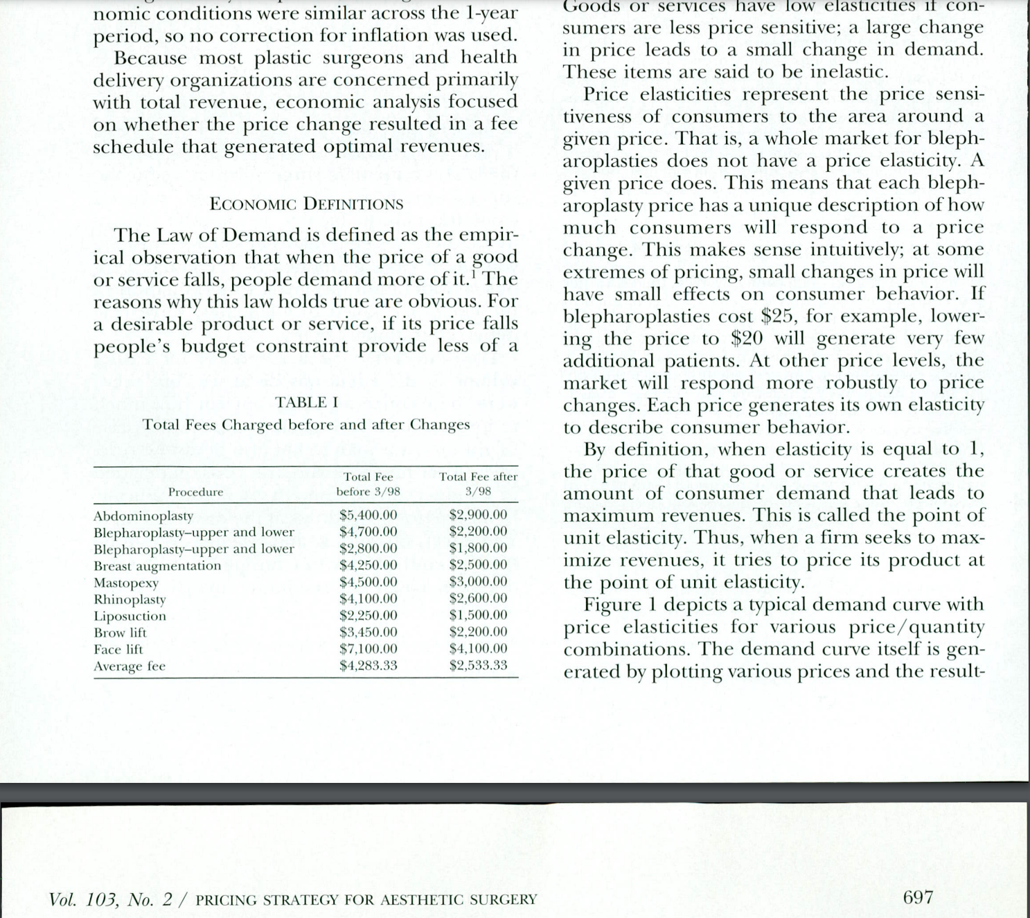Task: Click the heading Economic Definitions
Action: [x=305, y=204]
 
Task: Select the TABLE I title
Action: [x=306, y=403]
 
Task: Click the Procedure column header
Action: [x=195, y=492]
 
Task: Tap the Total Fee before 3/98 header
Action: [x=368, y=484]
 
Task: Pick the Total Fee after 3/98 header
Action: [x=478, y=484]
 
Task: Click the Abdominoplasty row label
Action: [x=143, y=516]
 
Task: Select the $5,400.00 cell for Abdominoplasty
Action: [x=368, y=515]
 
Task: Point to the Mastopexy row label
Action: [x=126, y=583]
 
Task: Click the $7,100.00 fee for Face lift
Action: [x=368, y=649]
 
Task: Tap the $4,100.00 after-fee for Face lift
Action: [x=478, y=649]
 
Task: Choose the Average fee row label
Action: [x=130, y=667]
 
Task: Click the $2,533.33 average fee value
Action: [x=478, y=666]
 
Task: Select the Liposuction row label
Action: [x=130, y=616]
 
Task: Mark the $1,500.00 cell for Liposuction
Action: [x=478, y=615]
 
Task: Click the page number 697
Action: [x=918, y=898]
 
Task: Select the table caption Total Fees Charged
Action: [x=306, y=425]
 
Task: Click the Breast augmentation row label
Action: [x=157, y=566]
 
